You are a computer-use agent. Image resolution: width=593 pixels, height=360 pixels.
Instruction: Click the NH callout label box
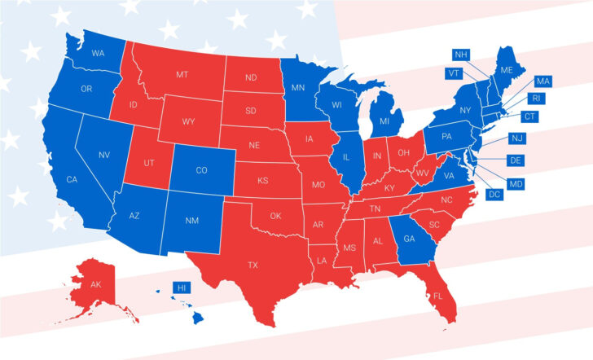tap(462, 55)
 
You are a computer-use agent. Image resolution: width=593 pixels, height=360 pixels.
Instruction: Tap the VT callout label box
tap(454, 72)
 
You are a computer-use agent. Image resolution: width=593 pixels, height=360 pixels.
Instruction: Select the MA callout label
tap(542, 81)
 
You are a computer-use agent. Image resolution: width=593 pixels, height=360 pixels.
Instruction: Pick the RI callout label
tap(535, 98)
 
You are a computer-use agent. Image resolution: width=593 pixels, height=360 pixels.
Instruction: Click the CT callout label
tap(529, 117)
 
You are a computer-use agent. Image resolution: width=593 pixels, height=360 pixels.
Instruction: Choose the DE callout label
tap(515, 160)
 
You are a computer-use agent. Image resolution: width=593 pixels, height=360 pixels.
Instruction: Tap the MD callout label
tap(515, 184)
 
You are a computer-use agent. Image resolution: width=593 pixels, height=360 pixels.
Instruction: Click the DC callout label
tap(493, 195)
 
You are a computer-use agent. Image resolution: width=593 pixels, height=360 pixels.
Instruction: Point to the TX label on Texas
tap(253, 265)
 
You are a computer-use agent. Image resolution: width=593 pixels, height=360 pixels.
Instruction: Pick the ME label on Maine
tap(507, 70)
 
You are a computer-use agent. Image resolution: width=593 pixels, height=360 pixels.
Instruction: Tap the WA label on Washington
tap(98, 54)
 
